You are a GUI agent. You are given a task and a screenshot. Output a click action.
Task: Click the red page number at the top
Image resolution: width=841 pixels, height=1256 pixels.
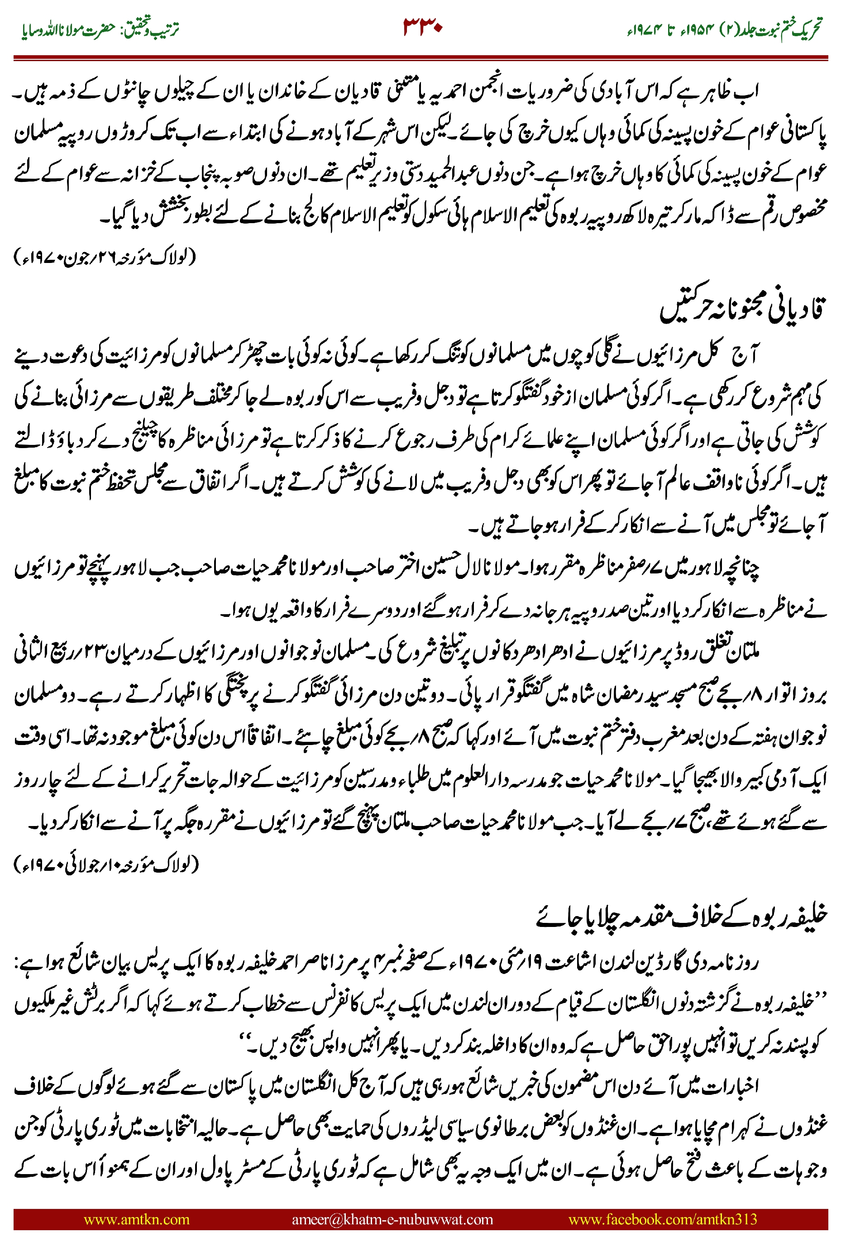pos(422,27)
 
